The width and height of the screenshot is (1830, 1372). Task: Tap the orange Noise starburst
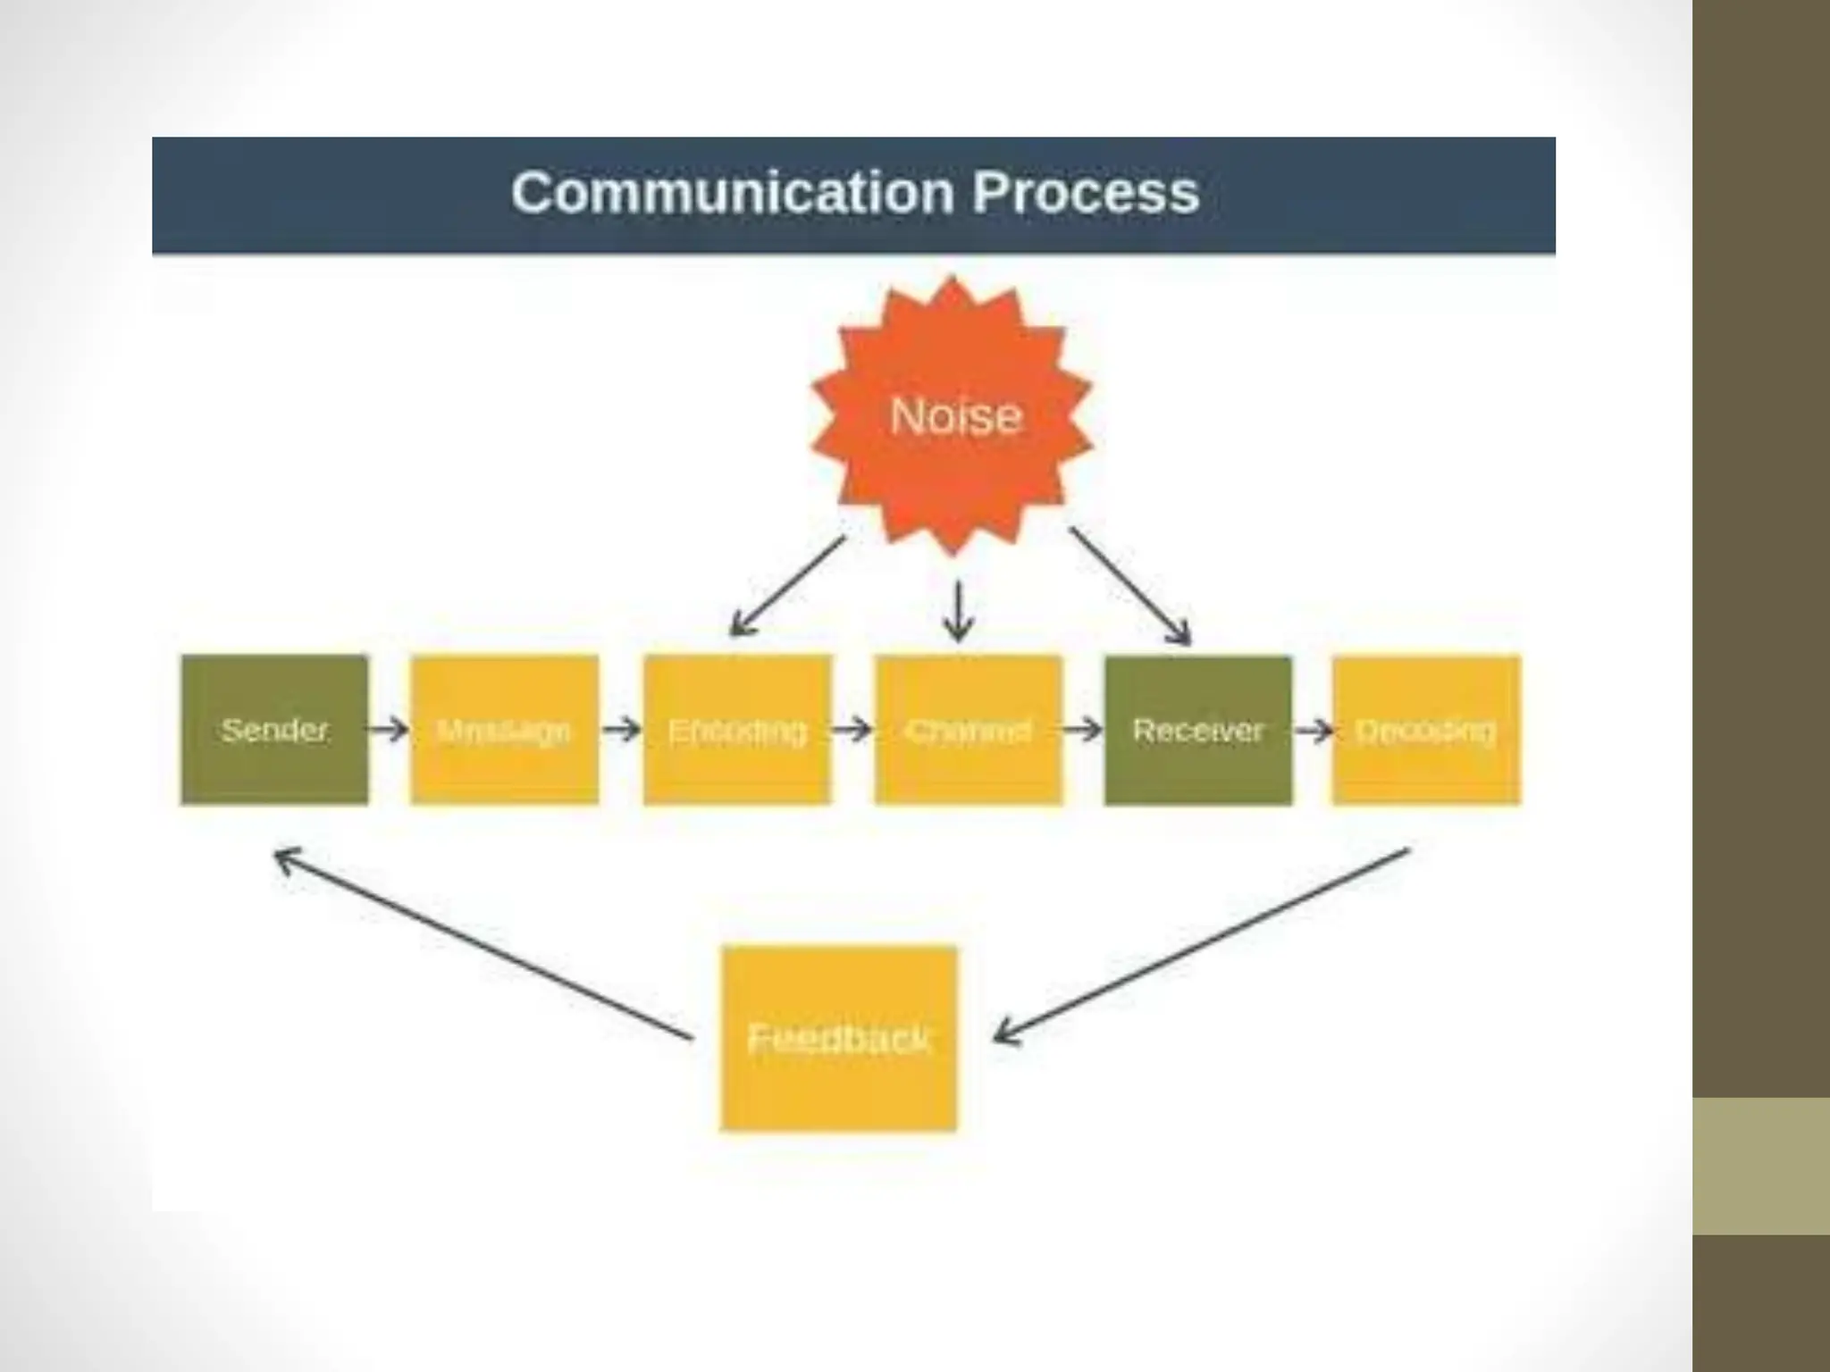tap(953, 416)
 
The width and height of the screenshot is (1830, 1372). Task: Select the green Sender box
tap(274, 730)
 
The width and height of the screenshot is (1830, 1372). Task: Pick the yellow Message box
tap(504, 730)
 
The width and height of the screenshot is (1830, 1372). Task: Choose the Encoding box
tap(737, 730)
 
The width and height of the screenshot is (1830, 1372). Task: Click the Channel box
tap(969, 730)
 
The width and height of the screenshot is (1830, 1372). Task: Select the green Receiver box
tap(1197, 730)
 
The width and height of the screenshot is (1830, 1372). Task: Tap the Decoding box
tap(1425, 730)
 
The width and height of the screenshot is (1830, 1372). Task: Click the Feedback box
tap(838, 1038)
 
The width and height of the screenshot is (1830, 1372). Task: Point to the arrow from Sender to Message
tap(388, 730)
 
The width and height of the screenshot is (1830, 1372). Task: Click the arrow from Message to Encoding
tap(621, 730)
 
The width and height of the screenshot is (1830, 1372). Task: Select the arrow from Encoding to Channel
tap(852, 730)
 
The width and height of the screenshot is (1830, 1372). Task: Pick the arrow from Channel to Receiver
tap(1082, 730)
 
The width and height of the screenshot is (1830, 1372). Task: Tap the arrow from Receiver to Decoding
tap(1313, 731)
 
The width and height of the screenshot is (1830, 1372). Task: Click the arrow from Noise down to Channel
tap(958, 612)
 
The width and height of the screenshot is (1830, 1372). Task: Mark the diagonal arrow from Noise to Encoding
tap(788, 585)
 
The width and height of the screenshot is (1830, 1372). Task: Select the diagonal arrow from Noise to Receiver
tap(1130, 585)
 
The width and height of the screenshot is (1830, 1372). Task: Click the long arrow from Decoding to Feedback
tap(1202, 945)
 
